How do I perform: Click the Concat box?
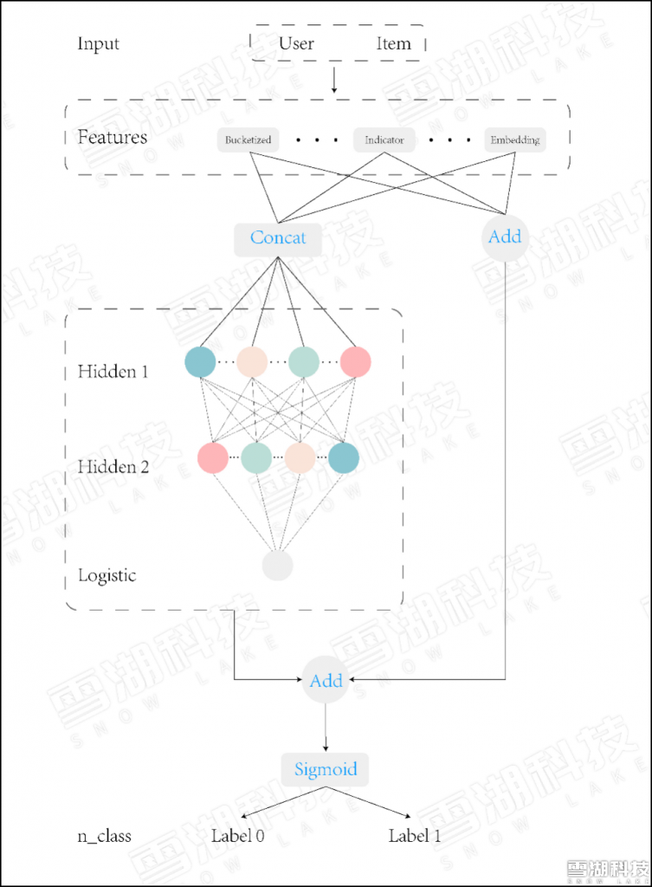(278, 239)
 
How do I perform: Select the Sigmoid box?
(326, 769)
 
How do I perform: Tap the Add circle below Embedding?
(505, 237)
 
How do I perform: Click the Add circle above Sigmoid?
(326, 680)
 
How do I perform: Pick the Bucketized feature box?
(249, 139)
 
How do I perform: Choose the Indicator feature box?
(384, 139)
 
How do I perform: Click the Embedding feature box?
(515, 139)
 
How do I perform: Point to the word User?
(296, 43)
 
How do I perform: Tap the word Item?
(394, 43)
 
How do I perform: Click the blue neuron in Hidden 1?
(200, 362)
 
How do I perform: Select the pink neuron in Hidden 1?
(356, 362)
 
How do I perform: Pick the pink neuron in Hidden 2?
(213, 457)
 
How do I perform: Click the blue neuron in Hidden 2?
(344, 457)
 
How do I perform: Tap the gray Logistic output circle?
(278, 565)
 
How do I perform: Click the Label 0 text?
(237, 836)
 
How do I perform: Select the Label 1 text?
(415, 836)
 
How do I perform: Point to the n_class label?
(105, 836)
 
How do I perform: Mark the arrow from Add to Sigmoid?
(326, 728)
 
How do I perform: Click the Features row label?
(113, 137)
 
